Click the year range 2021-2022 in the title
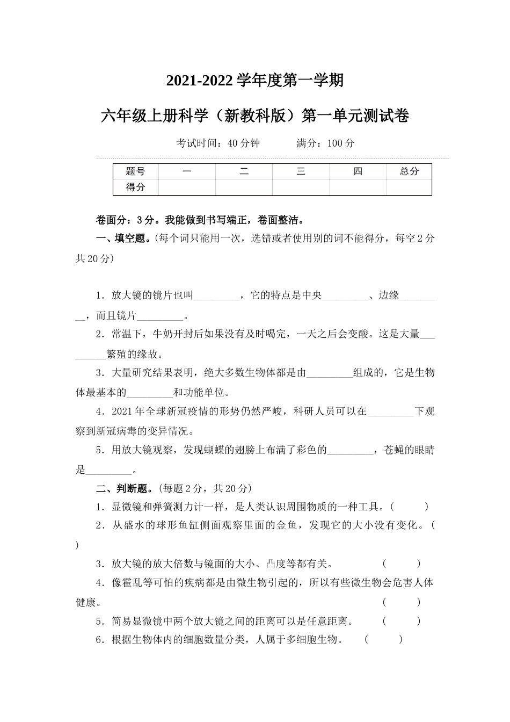pos(200,81)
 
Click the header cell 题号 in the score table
pos(135,171)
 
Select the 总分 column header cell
pos(409,171)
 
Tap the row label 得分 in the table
pos(135,187)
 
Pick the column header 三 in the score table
pos(301,171)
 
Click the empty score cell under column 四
pos(358,187)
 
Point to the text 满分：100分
pos(325,143)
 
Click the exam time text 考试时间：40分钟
pos(218,143)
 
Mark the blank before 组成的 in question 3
pos(329,373)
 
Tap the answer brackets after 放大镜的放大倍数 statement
pos(402,564)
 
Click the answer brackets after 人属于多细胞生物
pos(383,639)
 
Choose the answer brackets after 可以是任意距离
pos(402,621)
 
